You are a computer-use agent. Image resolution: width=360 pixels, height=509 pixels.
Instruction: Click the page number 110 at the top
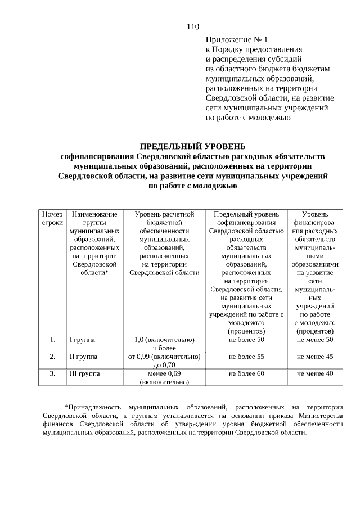point(193,26)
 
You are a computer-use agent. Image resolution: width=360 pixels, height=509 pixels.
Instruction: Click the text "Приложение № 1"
point(237,40)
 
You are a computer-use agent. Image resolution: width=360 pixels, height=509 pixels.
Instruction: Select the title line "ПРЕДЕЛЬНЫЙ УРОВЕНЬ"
point(193,146)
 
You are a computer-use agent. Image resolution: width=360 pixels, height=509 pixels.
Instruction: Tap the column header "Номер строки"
point(52,218)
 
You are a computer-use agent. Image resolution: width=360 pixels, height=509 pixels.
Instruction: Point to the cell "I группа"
point(82,340)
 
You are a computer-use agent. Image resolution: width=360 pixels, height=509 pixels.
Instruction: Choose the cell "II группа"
point(83,357)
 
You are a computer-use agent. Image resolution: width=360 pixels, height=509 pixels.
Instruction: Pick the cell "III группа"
point(84,373)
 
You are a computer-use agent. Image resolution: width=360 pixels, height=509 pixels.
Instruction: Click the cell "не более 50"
point(246,340)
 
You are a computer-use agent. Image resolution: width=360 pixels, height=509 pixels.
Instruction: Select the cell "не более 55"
point(246,357)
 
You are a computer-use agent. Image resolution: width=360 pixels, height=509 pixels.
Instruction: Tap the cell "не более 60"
point(246,373)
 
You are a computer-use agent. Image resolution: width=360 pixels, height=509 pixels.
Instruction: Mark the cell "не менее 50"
point(315,340)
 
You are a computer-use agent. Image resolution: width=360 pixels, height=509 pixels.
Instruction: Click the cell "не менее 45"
point(315,357)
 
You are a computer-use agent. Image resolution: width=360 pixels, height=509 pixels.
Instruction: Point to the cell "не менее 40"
point(315,373)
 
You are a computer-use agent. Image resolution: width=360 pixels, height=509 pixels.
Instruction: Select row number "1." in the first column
point(52,340)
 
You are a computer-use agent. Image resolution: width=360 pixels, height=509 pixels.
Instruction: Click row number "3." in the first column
point(52,373)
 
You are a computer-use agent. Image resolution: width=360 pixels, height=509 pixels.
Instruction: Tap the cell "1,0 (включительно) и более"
point(164,344)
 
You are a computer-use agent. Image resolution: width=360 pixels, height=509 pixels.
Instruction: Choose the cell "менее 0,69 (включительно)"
point(164,377)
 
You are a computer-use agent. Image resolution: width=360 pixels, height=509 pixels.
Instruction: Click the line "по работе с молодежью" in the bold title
point(193,185)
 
